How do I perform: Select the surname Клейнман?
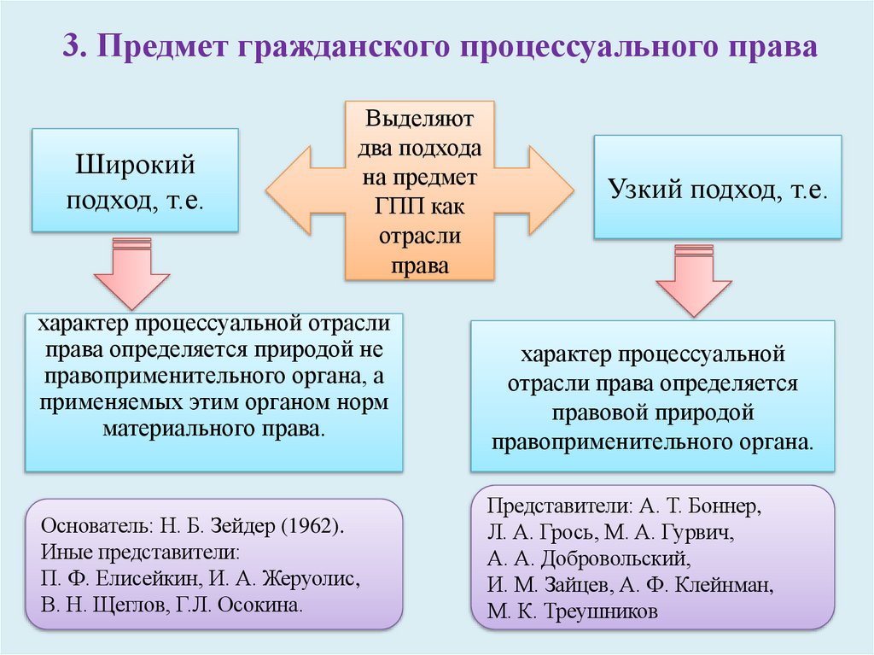pyautogui.click(x=724, y=586)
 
